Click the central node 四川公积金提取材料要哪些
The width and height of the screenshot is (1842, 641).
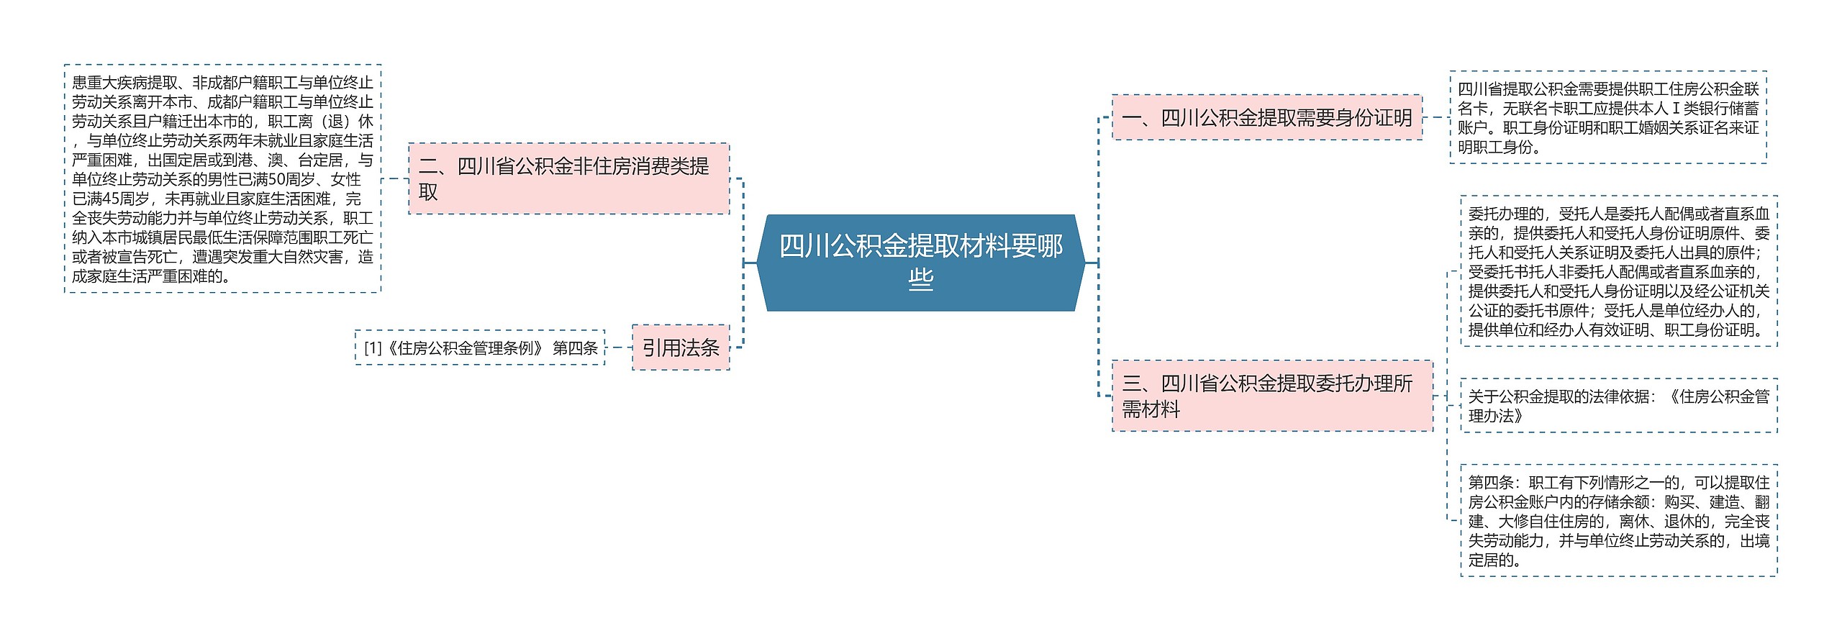pyautogui.click(x=920, y=263)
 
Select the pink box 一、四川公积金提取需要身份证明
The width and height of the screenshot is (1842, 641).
pyautogui.click(x=1266, y=117)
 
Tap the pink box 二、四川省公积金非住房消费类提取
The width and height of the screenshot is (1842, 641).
pyautogui.click(x=568, y=178)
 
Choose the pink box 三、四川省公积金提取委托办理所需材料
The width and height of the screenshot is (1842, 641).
pyautogui.click(x=1272, y=396)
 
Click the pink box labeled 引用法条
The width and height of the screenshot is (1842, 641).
pyautogui.click(x=681, y=348)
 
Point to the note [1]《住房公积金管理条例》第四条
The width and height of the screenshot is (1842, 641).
pyautogui.click(x=480, y=348)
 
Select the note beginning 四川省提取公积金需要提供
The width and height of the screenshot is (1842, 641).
pyautogui.click(x=1607, y=118)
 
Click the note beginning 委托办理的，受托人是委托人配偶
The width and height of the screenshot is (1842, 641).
pyautogui.click(x=1618, y=272)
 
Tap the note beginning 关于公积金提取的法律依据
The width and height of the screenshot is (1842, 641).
pyautogui.click(x=1618, y=406)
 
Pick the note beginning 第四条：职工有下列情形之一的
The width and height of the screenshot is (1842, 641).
pyautogui.click(x=1618, y=521)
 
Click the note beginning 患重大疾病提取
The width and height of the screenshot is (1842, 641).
pyautogui.click(x=222, y=179)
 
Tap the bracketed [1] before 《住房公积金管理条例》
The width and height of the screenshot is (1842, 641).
pyautogui.click(x=373, y=348)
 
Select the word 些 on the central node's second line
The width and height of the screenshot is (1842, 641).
pyautogui.click(x=920, y=279)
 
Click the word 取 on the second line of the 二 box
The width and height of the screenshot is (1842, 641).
pyautogui.click(x=428, y=193)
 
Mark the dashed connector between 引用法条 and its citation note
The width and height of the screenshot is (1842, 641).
pyautogui.click(x=619, y=348)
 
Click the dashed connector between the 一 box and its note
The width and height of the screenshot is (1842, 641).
pyautogui.click(x=1436, y=117)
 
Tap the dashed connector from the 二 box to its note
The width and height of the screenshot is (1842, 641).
pyautogui.click(x=395, y=178)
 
